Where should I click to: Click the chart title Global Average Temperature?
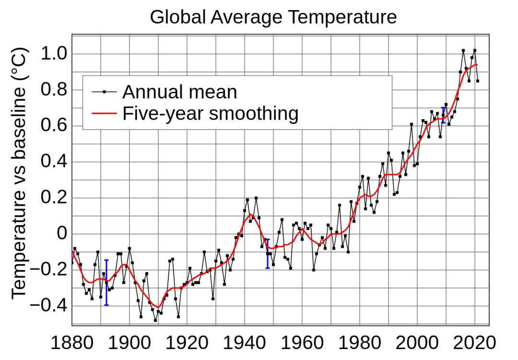coord(273,17)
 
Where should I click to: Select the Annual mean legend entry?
coord(179,91)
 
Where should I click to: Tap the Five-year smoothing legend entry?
coord(210,114)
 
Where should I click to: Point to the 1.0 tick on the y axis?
coord(55,54)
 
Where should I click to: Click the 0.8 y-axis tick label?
coord(55,90)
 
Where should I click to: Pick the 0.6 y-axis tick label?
coord(55,126)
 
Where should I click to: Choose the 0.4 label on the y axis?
coord(55,162)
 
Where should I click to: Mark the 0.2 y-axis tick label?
coord(55,198)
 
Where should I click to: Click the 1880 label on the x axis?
coord(72,344)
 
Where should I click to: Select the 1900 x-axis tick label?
coord(130,344)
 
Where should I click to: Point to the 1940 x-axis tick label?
coord(245,344)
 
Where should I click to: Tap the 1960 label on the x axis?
coord(303,344)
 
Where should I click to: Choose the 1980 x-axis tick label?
coord(360,344)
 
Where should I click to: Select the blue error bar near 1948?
coord(268,253)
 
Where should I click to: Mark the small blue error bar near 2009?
coord(443,115)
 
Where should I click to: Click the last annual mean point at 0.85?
coord(478,81)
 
